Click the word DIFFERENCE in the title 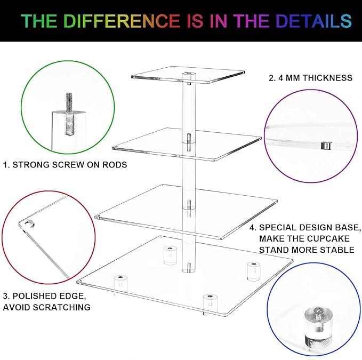122,21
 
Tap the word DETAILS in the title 313,21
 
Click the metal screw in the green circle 69,114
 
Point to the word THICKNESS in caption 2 327,78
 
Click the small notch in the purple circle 326,146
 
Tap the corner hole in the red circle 29,223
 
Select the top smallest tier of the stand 188,75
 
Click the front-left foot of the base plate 120,285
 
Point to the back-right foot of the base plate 254,271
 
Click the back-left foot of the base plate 170,255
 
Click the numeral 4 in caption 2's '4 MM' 280,78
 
